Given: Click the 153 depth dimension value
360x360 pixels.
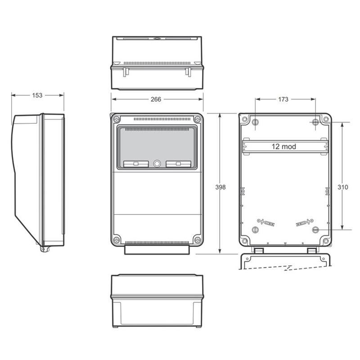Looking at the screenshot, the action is [37, 95].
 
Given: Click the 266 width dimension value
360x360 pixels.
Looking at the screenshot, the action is [156, 99].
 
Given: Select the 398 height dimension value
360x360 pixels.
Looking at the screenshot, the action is [220, 187].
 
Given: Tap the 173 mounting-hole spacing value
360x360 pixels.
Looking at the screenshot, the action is [283, 99].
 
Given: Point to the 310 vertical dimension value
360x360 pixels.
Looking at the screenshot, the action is [343, 187].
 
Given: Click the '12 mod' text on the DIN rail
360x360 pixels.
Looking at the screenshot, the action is [284, 147].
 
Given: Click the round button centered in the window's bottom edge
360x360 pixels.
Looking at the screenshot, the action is [157, 164].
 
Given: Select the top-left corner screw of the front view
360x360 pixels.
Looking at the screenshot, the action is [117, 119].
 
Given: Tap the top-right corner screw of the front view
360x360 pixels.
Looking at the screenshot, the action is [198, 119].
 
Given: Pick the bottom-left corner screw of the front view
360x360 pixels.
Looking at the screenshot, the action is [117, 240].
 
